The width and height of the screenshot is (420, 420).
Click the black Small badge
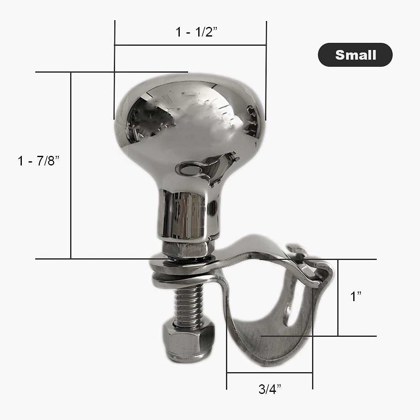pos(355,55)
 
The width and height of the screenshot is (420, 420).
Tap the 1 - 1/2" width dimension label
pos(196,32)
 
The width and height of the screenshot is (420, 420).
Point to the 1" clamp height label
pos(356,297)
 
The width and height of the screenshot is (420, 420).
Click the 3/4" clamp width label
pos(269,389)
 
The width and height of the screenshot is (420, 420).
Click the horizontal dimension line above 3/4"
pos(269,372)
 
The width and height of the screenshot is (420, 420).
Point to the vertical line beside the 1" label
pos(338,297)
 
